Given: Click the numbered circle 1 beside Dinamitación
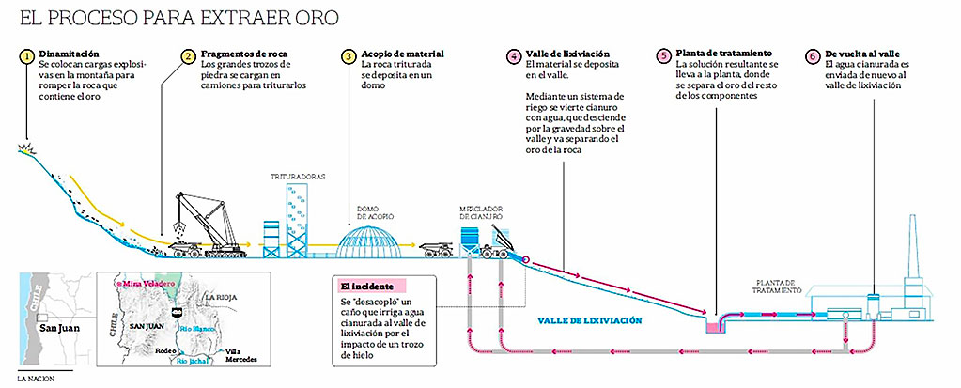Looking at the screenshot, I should (28, 56).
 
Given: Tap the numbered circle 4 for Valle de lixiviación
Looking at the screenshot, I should (513, 56).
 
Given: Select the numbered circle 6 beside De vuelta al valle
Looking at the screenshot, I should (812, 56).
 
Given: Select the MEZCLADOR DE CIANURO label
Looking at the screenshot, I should (482, 212).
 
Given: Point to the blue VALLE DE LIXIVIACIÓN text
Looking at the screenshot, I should (591, 320).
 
